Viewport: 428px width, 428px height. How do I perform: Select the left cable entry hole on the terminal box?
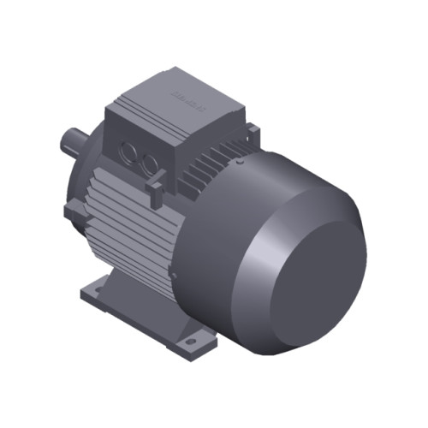(x=129, y=155)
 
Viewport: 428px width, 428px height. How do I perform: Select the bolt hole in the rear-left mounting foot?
(x=92, y=292)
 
